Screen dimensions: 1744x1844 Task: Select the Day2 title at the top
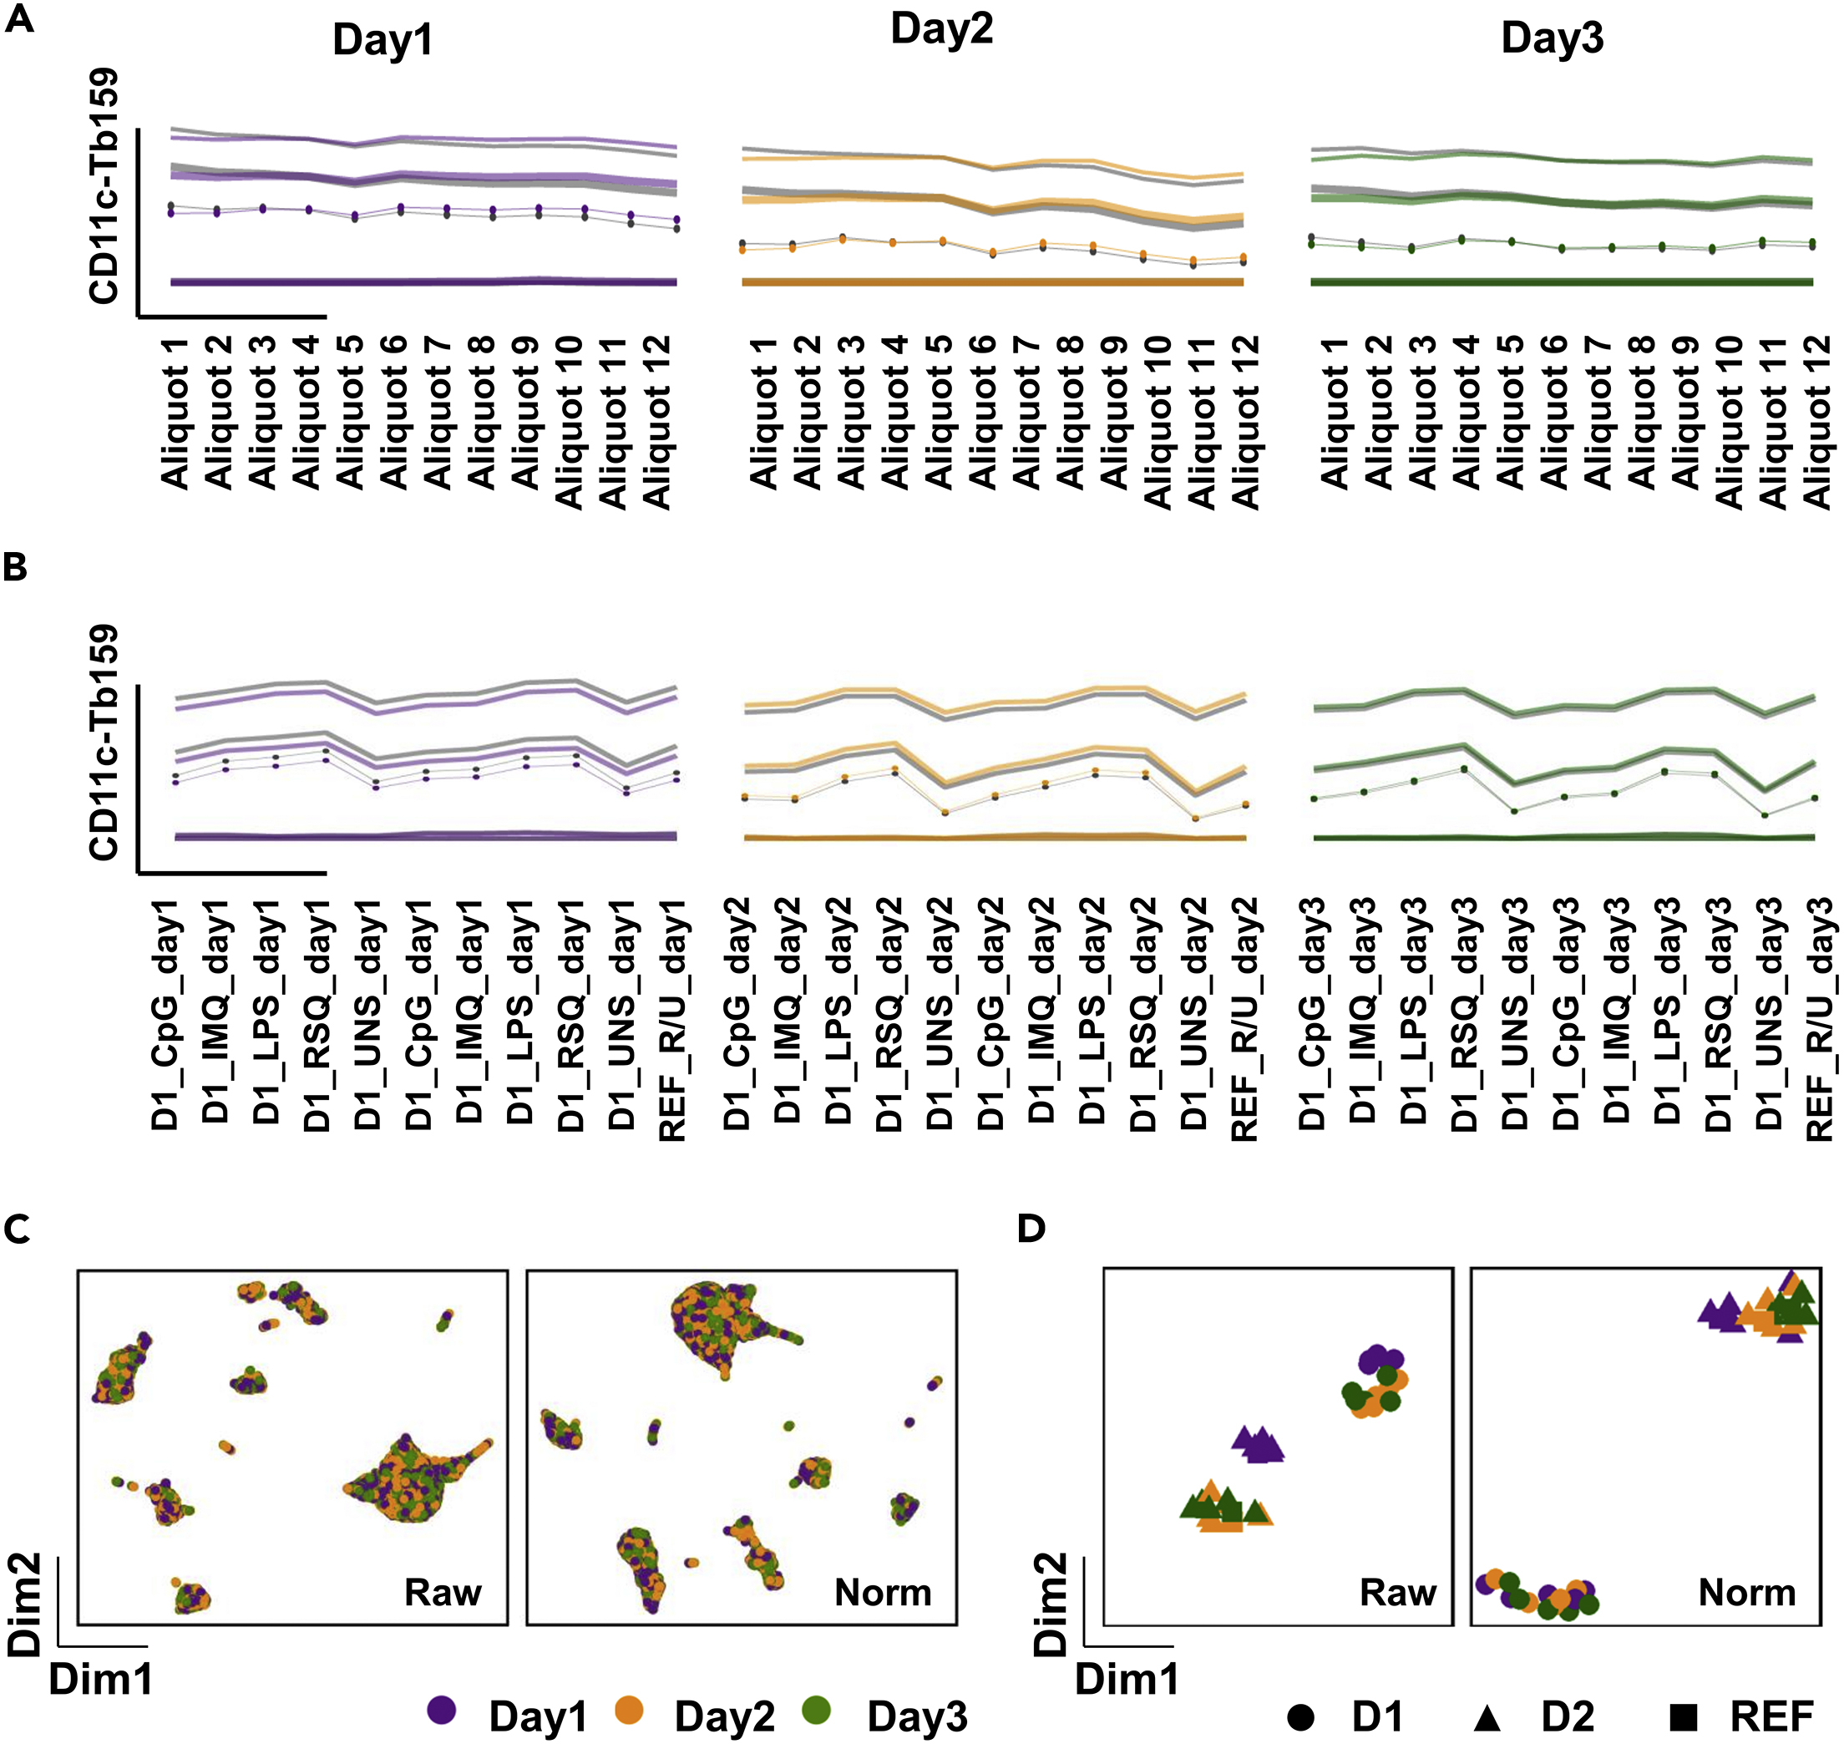point(940,30)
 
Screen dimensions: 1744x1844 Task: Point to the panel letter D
point(1031,1229)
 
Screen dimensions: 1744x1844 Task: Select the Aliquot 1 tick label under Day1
point(174,413)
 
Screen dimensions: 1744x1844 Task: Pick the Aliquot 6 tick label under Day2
point(980,413)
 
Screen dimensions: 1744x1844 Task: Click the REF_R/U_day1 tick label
point(671,1019)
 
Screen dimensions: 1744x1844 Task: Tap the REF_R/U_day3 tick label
point(1818,1019)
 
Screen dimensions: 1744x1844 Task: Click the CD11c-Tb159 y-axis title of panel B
point(104,741)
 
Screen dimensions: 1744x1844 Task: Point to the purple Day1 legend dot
point(442,1709)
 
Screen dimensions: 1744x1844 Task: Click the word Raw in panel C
point(443,1593)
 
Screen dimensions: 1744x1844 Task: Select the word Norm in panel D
point(1746,1593)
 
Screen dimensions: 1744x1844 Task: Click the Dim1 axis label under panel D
point(1127,1679)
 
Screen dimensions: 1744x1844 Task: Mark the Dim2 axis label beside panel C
point(24,1604)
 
